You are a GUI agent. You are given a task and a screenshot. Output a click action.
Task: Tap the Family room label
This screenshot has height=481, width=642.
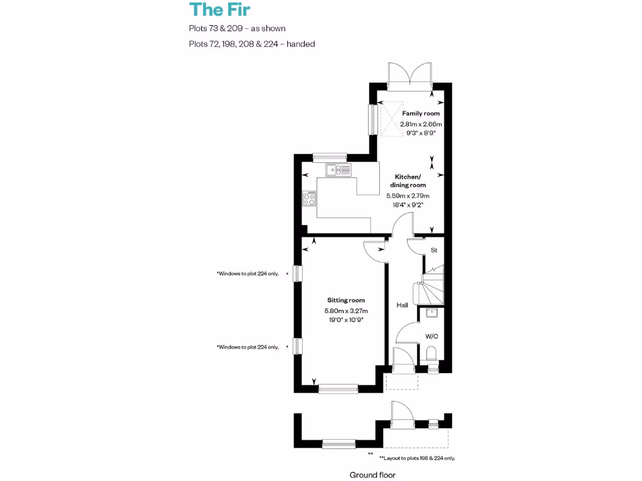point(421,113)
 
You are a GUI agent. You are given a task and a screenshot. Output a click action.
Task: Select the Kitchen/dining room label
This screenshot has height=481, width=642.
point(410,181)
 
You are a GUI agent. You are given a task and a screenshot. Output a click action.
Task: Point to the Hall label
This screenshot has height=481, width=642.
point(402,305)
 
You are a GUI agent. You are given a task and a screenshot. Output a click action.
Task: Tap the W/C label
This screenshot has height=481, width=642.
point(431,336)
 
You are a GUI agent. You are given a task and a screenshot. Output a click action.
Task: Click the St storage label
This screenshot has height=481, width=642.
point(433,251)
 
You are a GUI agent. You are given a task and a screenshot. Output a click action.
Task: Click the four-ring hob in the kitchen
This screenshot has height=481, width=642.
point(309,199)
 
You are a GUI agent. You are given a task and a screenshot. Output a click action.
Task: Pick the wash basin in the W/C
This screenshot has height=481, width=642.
point(431,313)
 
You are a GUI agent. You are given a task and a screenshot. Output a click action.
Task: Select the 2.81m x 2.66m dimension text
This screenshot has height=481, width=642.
point(421,124)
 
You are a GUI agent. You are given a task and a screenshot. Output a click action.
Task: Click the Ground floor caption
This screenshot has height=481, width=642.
point(372,475)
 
